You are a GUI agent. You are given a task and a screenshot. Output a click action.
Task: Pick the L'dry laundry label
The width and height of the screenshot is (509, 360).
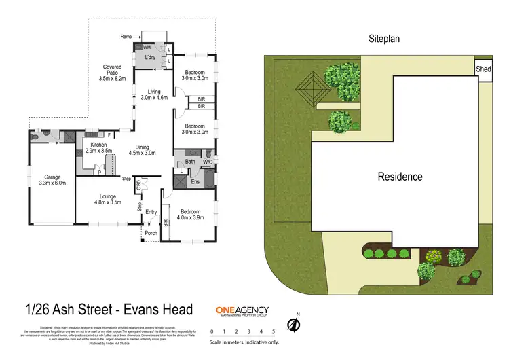[x=151, y=58]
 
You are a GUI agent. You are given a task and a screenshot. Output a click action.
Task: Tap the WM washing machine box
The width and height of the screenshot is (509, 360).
[x=147, y=47]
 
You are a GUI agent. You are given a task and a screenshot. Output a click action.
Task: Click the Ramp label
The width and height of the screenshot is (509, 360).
[x=126, y=37]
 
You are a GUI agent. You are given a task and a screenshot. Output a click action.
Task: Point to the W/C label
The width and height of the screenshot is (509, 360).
[x=207, y=162]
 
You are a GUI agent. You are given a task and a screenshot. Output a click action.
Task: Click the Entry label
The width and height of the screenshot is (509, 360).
[x=151, y=213]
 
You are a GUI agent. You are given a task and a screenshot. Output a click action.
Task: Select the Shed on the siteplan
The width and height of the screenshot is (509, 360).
[x=483, y=69]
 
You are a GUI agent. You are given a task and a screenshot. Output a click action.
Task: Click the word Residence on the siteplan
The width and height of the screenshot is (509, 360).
[x=400, y=177]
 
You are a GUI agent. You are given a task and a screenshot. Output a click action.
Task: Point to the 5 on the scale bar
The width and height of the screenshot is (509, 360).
[x=273, y=331]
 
